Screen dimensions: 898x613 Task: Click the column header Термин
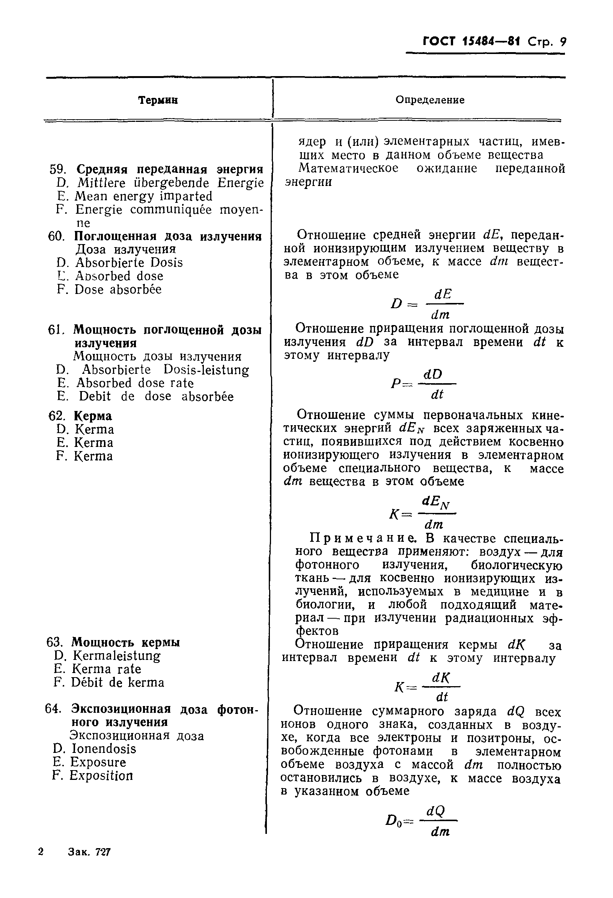pyautogui.click(x=158, y=100)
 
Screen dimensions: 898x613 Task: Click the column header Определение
pyautogui.click(x=430, y=100)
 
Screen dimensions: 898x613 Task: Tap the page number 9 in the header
pyautogui.click(x=563, y=41)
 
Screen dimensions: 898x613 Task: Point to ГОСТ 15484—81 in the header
pyautogui.click(x=472, y=41)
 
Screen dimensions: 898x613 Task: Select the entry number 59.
pyautogui.click(x=58, y=169)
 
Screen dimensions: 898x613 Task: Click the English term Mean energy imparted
pyautogui.click(x=143, y=196)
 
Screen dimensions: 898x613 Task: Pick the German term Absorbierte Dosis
pyautogui.click(x=129, y=263)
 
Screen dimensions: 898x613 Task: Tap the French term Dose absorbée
pyautogui.click(x=118, y=289)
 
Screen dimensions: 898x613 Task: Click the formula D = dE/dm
pyautogui.click(x=427, y=304)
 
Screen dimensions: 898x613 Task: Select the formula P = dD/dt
pyautogui.click(x=424, y=384)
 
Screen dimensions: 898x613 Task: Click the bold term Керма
pyautogui.click(x=93, y=416)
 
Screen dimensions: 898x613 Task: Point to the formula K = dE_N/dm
pyautogui.click(x=423, y=514)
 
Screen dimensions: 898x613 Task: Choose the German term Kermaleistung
pyautogui.click(x=116, y=656)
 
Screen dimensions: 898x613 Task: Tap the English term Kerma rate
pyautogui.click(x=106, y=669)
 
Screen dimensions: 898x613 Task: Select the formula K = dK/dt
pyautogui.click(x=427, y=687)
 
